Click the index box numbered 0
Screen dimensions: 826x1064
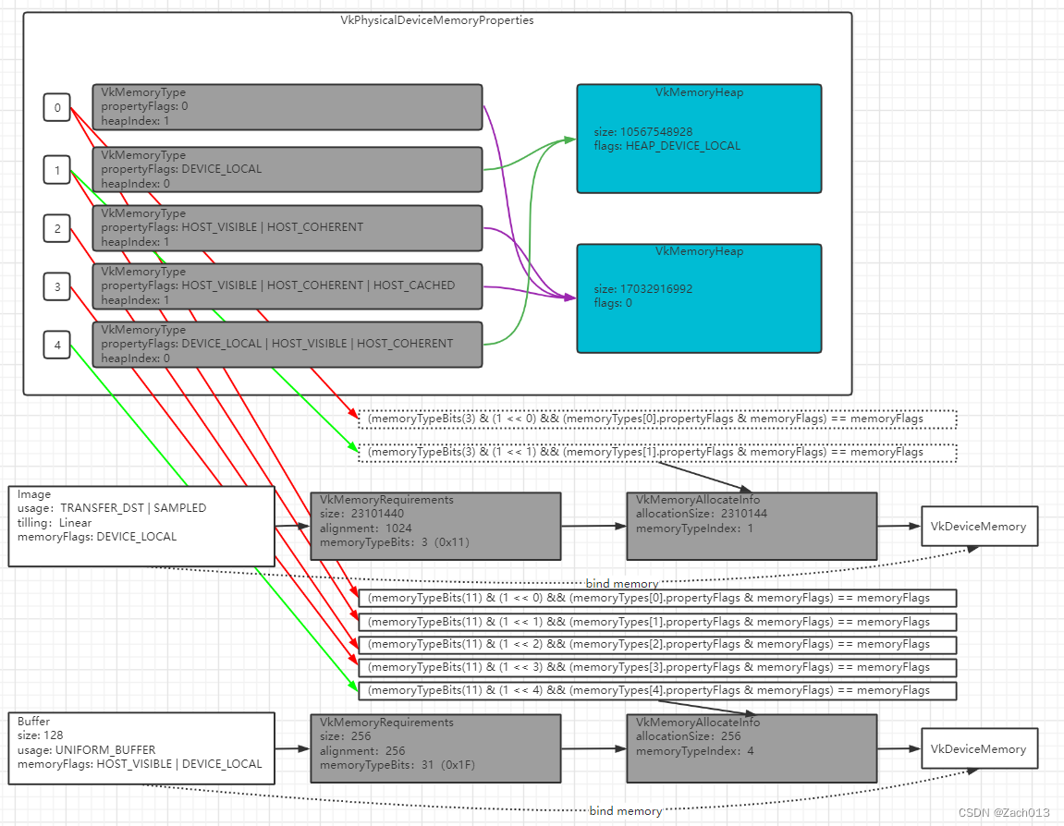click(57, 108)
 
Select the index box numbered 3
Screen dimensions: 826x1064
click(57, 287)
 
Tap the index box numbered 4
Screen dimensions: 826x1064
click(57, 346)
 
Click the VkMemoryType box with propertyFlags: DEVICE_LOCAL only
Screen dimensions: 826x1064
click(287, 170)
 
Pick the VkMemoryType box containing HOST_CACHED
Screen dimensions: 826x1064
click(287, 286)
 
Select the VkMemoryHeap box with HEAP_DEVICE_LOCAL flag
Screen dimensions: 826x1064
click(699, 139)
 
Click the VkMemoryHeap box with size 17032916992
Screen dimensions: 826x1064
click(699, 298)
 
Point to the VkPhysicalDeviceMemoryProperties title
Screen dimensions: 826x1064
click(437, 20)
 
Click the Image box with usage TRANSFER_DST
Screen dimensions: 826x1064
click(141, 526)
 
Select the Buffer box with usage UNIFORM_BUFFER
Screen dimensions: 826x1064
click(141, 748)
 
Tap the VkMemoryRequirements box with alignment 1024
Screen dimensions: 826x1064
click(435, 526)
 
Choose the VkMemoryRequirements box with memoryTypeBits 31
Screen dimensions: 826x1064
click(435, 748)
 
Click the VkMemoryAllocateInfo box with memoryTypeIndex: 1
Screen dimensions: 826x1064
click(751, 526)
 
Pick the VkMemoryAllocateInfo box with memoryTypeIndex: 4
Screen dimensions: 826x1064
click(751, 748)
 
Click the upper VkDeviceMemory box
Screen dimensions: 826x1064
click(979, 527)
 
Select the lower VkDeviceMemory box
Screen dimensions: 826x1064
click(979, 748)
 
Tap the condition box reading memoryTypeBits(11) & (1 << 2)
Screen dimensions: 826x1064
click(656, 644)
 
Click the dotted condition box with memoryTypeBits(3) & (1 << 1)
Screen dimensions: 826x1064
click(656, 453)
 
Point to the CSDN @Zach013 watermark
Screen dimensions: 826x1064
click(1004, 813)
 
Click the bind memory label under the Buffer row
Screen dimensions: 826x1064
click(626, 811)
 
